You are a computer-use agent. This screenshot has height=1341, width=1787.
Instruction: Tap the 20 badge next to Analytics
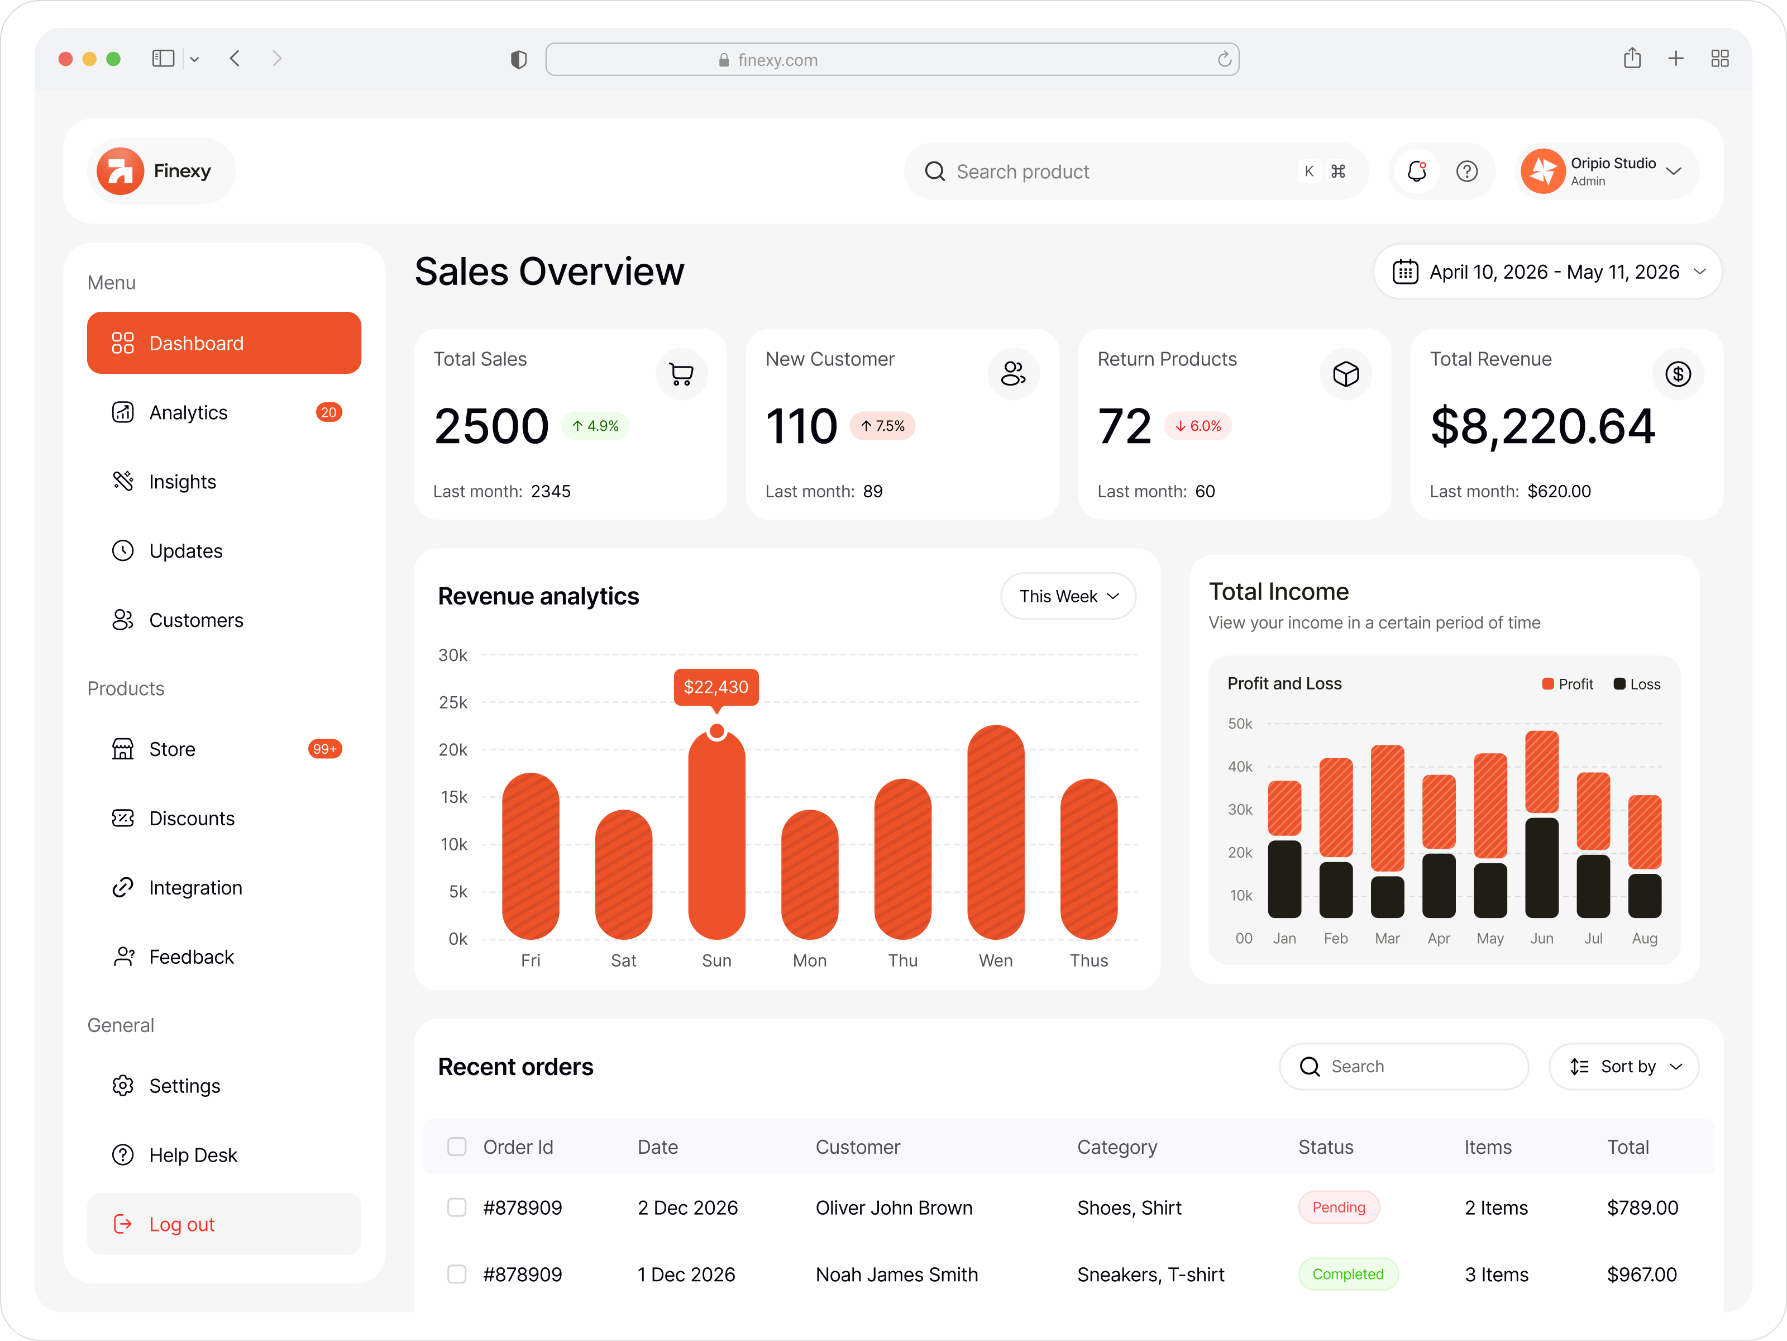point(328,412)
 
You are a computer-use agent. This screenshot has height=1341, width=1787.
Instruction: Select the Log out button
point(224,1224)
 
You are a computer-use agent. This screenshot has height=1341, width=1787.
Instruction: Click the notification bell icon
point(1416,172)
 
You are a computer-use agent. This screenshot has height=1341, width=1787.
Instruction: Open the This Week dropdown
point(1067,597)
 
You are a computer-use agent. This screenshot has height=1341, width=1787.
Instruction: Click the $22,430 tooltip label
point(716,687)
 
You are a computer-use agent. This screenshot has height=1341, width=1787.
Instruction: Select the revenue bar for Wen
point(995,833)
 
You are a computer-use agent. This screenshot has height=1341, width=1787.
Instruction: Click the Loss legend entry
point(1637,684)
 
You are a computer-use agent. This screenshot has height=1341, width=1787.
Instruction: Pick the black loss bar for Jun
point(1541,868)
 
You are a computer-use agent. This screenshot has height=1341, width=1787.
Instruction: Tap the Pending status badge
point(1339,1207)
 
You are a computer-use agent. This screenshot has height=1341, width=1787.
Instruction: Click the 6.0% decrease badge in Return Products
point(1197,426)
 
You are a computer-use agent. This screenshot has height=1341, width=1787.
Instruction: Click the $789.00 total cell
point(1642,1207)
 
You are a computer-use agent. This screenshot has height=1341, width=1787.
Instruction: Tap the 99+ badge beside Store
point(325,749)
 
